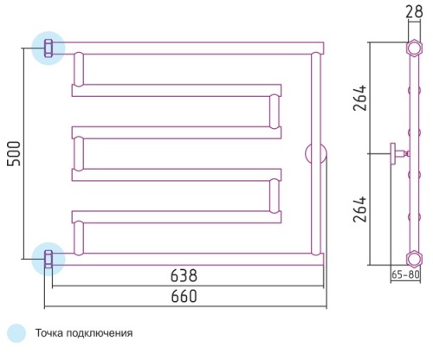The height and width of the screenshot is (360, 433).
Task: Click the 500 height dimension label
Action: click(x=14, y=153)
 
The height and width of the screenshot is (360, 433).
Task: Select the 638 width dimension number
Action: click(x=184, y=275)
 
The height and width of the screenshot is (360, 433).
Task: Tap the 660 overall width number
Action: click(x=184, y=296)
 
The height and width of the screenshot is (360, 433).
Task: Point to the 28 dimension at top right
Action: click(x=414, y=12)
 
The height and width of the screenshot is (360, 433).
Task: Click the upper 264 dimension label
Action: click(x=359, y=98)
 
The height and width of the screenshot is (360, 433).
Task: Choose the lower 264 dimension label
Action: click(x=359, y=209)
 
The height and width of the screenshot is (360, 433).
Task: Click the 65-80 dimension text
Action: click(x=405, y=274)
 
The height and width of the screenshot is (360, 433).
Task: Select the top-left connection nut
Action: click(x=48, y=48)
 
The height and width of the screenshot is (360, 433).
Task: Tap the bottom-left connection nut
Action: click(x=48, y=259)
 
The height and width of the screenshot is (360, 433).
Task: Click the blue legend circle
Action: click(x=16, y=333)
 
